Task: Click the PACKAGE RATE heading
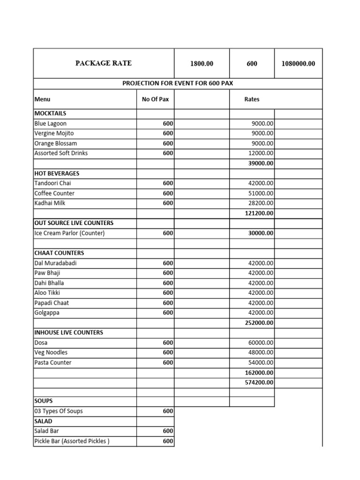[x=104, y=63]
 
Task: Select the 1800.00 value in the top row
[x=202, y=64]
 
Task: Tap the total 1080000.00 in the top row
[x=298, y=64]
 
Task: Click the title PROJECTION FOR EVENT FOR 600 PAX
[x=178, y=83]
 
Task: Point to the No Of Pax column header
[x=155, y=99]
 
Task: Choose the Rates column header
[x=252, y=99]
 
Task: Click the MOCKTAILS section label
[x=50, y=113]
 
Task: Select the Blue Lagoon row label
[x=50, y=124]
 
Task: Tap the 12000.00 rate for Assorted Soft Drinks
[x=261, y=153]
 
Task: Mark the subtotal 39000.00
[x=261, y=163]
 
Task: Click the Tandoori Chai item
[x=52, y=183]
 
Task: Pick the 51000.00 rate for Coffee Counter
[x=261, y=193]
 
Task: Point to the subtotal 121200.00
[x=259, y=213]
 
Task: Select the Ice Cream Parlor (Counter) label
[x=69, y=233]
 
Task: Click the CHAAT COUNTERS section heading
[x=59, y=253]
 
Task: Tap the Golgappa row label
[x=47, y=313]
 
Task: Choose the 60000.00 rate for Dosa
[x=261, y=343]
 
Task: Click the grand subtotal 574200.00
[x=259, y=382]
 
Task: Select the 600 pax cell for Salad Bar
[x=168, y=431]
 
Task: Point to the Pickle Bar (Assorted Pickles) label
[x=72, y=441]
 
